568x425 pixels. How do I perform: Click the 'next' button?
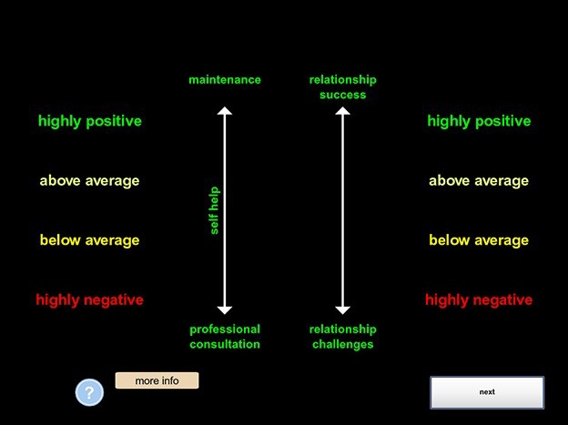(x=487, y=392)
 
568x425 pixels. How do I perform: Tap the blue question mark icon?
(x=89, y=392)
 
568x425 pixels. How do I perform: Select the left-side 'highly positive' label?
(x=90, y=121)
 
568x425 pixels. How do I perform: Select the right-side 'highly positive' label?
(x=479, y=121)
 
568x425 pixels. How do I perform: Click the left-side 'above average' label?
(x=89, y=181)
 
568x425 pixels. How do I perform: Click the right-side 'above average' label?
(x=479, y=181)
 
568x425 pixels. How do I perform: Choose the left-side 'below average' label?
(x=89, y=240)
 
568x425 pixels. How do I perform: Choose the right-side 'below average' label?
(x=479, y=240)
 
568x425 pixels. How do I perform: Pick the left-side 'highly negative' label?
(x=89, y=300)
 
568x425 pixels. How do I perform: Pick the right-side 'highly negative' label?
(x=479, y=300)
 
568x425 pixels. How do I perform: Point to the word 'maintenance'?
(x=225, y=80)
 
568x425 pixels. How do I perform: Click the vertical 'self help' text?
(x=214, y=210)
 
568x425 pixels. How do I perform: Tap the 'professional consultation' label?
(x=225, y=337)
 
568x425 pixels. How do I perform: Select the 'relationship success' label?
(x=342, y=87)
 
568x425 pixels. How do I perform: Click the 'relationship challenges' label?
(x=342, y=337)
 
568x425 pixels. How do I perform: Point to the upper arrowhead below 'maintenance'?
(x=225, y=110)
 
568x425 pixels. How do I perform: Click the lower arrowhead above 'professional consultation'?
(x=225, y=310)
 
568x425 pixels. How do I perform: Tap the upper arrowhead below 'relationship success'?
(x=342, y=110)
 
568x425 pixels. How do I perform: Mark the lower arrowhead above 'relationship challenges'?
(x=342, y=310)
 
